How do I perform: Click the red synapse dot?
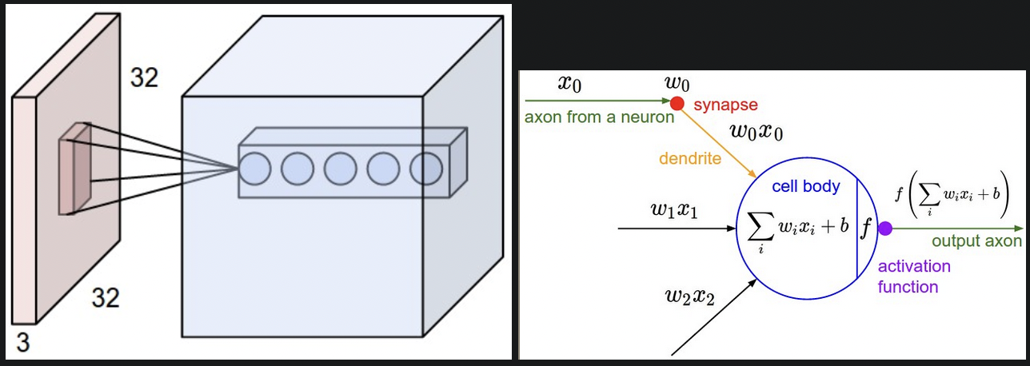(677, 103)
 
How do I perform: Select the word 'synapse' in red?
(725, 105)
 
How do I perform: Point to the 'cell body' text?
(806, 186)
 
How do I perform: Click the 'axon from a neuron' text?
(599, 117)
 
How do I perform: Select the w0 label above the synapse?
(677, 83)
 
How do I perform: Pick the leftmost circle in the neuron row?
(256, 169)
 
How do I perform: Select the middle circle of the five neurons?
(341, 169)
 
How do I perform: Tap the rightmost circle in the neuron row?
(426, 169)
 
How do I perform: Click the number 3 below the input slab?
(23, 343)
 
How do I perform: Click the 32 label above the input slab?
(144, 78)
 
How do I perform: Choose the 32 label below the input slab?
(104, 298)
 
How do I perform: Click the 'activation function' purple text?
(914, 276)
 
